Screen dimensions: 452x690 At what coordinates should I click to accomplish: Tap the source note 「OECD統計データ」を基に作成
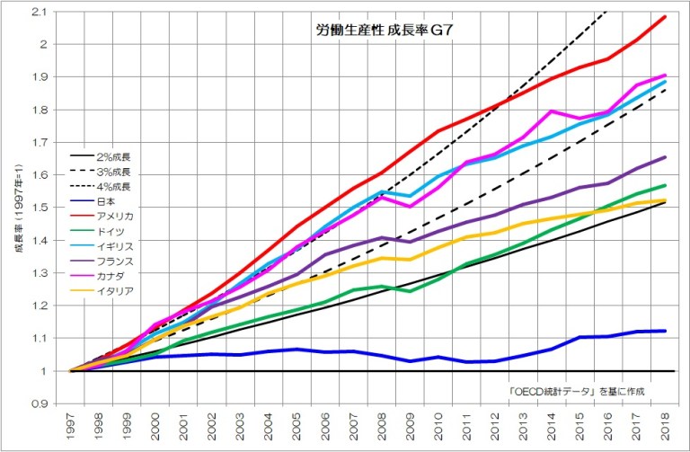pos(576,391)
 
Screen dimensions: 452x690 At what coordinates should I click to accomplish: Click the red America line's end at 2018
pos(666,17)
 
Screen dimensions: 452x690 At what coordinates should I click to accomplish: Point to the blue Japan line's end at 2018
pos(666,331)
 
